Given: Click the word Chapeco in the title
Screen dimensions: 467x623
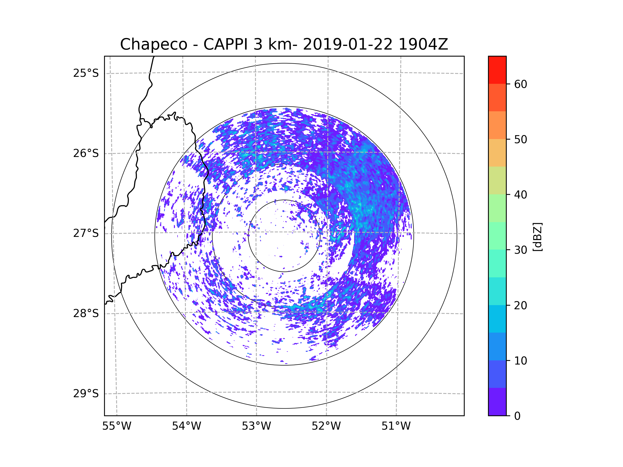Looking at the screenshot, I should [153, 44].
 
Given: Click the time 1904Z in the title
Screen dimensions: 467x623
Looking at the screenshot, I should [423, 44].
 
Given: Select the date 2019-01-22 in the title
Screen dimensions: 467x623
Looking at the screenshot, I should [348, 44].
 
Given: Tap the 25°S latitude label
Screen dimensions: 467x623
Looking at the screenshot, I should [86, 73].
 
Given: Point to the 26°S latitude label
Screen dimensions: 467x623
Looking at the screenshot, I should [86, 153].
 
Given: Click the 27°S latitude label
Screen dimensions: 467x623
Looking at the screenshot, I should [86, 233].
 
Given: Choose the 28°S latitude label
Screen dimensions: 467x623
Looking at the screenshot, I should [86, 313].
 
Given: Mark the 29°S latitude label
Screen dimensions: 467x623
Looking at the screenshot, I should [86, 394].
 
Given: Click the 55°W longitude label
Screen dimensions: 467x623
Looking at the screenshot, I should [117, 426].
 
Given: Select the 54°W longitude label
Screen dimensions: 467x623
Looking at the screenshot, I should [186, 426].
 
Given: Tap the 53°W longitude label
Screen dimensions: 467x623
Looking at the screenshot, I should [256, 426].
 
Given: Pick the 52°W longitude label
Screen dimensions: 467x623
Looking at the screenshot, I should [326, 426].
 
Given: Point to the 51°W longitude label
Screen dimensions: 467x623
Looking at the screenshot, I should [396, 426].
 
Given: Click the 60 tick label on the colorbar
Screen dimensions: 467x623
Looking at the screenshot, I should [520, 84].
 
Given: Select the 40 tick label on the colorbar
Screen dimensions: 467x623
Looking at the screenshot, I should [520, 195].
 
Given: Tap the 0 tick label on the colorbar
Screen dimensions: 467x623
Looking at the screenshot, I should [517, 416].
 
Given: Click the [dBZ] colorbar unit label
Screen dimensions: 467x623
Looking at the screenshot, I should [537, 237].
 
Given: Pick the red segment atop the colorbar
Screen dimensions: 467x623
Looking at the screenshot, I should [497, 70].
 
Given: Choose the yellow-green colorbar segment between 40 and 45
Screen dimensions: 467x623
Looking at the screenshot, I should [497, 180].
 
